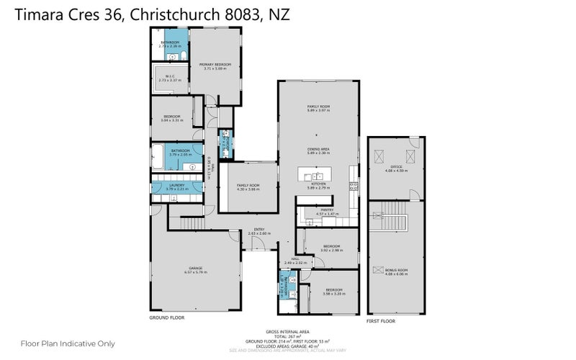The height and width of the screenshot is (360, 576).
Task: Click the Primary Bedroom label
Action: coord(217,65)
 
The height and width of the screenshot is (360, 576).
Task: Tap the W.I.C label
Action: coord(170,76)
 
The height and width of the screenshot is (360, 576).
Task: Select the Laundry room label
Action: coord(177,185)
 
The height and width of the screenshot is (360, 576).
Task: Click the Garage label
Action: coord(195,267)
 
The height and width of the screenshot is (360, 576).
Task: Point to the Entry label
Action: coord(258,229)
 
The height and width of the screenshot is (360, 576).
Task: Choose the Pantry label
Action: coord(326,210)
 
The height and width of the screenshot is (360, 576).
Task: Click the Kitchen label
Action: coord(318,184)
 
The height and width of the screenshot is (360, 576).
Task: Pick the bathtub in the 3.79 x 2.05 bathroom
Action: coord(158,154)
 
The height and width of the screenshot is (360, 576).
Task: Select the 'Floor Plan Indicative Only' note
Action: coord(68,343)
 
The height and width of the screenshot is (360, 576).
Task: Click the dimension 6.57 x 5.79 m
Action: coord(195,272)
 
